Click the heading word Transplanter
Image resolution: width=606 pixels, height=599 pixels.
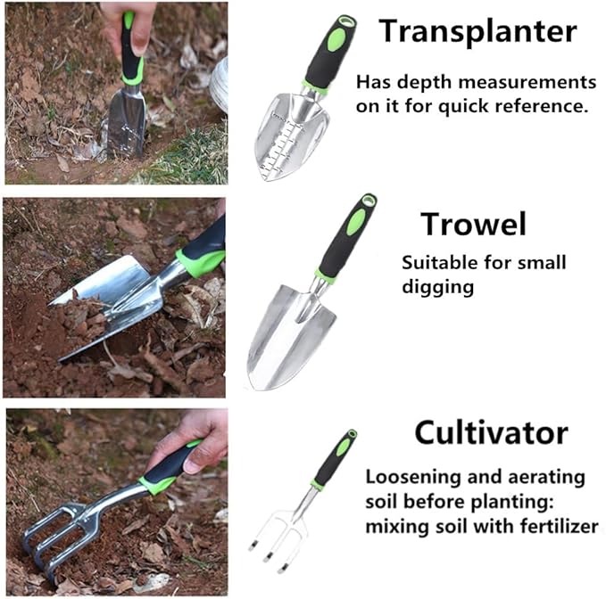pos(477,31)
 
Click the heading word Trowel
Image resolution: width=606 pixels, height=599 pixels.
pos(473,224)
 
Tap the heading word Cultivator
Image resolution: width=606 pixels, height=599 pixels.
pos(491,433)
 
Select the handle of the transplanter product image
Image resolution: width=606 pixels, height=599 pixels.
pos(329,53)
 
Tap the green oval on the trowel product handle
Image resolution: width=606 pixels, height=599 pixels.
pos(355,222)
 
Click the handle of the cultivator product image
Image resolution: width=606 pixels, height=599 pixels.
pos(334,459)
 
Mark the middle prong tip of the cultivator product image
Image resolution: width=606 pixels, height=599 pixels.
pos(267,559)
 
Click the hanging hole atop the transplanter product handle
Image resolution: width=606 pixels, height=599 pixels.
pos(346,21)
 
